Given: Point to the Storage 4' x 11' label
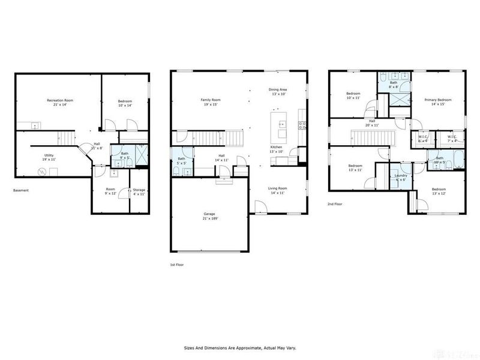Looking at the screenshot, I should point(139,193).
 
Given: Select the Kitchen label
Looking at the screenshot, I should point(276,149).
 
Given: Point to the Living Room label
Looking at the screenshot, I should point(278,190).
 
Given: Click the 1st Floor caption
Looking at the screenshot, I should point(178,263).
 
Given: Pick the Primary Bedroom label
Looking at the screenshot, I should point(437,101).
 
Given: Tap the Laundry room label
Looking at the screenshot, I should point(401,178).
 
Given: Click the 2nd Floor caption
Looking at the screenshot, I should point(335,203).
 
